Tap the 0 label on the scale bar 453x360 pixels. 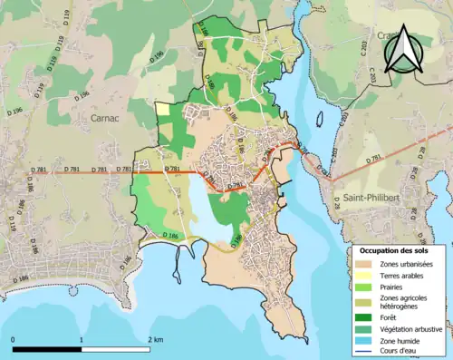14,339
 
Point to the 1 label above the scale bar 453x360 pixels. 82,339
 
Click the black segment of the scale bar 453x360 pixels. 47,348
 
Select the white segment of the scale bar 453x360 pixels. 116,348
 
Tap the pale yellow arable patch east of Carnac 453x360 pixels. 162,109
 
